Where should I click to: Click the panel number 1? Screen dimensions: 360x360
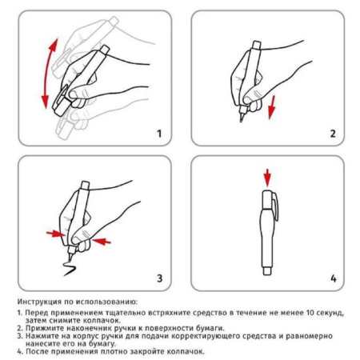click(158, 133)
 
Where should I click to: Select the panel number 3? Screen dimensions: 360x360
click(158, 278)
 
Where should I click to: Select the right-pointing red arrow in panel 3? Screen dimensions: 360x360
click(54, 234)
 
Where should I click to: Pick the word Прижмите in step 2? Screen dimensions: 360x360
click(42, 328)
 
